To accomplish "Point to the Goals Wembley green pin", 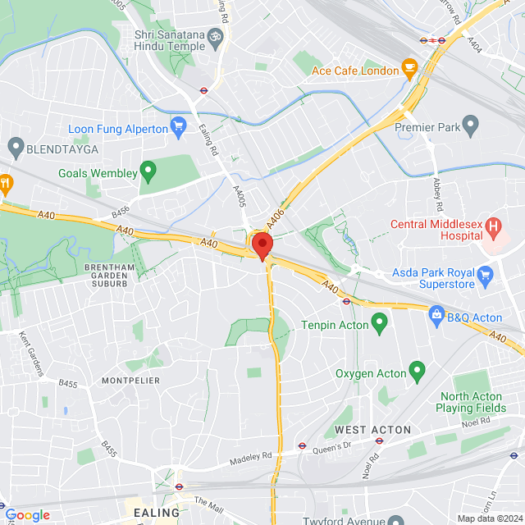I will point(148,172).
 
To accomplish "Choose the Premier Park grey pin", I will point(470,126).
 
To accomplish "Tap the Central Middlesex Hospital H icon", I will point(493,226).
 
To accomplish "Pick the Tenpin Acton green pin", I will point(379,323).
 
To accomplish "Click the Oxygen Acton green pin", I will point(418,372).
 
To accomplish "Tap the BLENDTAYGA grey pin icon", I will point(15,148).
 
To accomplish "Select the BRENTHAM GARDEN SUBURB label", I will point(116,276).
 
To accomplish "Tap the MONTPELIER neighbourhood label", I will point(124,381).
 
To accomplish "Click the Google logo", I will point(28,514).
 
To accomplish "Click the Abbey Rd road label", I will point(437,194).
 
